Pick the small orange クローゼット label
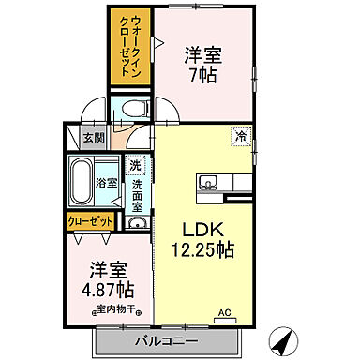tap(91, 221)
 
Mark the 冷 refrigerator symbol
tap(242, 136)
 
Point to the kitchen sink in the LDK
tap(207, 183)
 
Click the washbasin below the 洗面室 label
tap(136, 223)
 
